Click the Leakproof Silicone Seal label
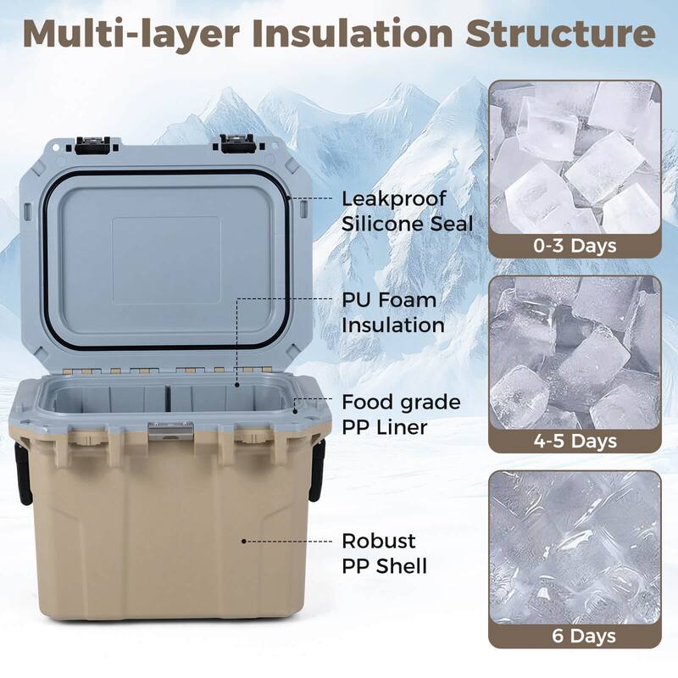[407, 210]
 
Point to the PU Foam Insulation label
[389, 312]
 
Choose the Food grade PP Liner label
[401, 414]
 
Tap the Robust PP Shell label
[384, 553]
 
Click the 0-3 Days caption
[574, 247]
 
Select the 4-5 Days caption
[574, 441]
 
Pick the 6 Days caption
[574, 635]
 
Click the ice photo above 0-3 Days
[574, 157]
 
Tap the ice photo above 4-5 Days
[574, 352]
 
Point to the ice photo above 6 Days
[574, 547]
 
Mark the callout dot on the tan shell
[244, 540]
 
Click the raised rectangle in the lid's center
[166, 259]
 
